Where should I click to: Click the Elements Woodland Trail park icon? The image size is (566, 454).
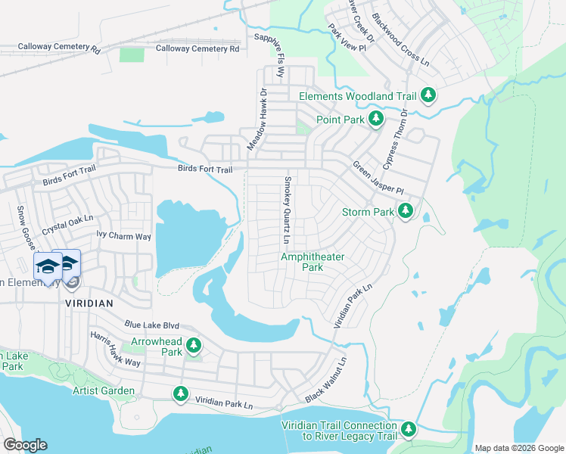pyautogui.click(x=429, y=95)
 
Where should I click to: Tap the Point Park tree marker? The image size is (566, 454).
pyautogui.click(x=375, y=119)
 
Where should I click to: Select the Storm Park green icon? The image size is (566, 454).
pyautogui.click(x=406, y=211)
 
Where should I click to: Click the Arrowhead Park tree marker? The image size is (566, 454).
pyautogui.click(x=194, y=345)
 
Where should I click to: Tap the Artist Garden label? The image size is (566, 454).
pyautogui.click(x=104, y=390)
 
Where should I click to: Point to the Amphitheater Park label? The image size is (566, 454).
pyautogui.click(x=313, y=262)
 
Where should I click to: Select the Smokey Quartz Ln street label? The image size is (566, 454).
pyautogui.click(x=288, y=210)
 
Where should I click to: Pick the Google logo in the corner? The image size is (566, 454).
pyautogui.click(x=25, y=445)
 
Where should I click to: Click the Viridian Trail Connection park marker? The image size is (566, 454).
pyautogui.click(x=409, y=430)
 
